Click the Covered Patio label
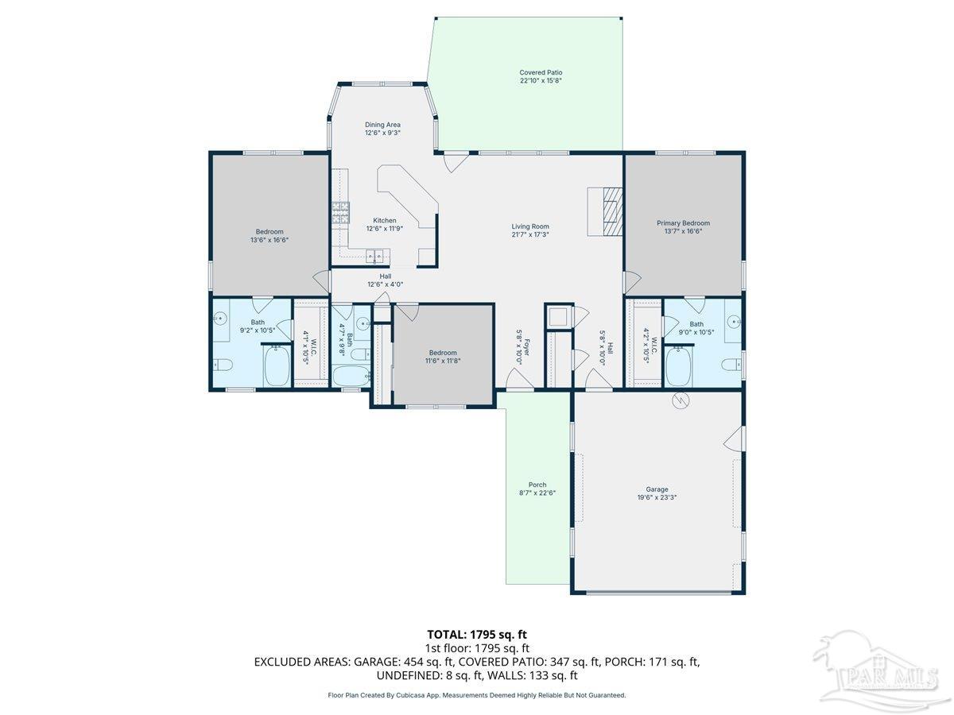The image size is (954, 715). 541,72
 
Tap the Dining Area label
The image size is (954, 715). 382,125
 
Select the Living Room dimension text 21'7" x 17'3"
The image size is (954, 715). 530,235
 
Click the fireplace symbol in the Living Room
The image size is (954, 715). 611,211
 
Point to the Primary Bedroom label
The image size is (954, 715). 683,223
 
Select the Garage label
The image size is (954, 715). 657,489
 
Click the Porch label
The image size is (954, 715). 537,485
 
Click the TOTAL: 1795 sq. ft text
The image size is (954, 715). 477,634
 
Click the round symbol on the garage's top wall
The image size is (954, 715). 680,401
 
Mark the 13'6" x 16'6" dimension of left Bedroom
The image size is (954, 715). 270,239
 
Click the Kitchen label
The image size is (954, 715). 385,220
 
